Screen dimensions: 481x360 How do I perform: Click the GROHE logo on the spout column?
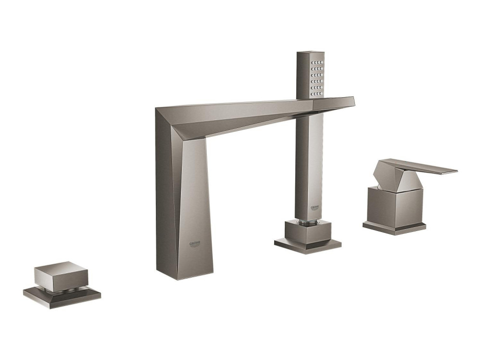[x=194, y=244]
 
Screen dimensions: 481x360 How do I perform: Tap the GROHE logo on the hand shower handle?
[x=316, y=208]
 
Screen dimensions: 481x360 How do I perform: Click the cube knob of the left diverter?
[x=62, y=275]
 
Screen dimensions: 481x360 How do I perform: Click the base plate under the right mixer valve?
[x=394, y=229]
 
